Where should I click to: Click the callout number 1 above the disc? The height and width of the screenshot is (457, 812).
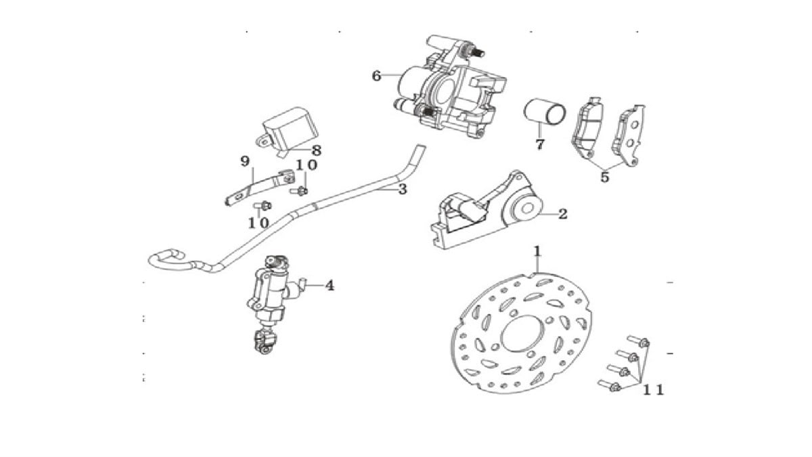(537, 252)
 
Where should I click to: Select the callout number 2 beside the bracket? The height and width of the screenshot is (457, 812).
(562, 214)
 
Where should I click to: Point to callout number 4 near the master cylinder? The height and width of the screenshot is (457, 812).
(330, 286)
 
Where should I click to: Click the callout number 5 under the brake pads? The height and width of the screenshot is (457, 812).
(604, 177)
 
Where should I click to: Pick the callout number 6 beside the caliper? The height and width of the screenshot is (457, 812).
(377, 76)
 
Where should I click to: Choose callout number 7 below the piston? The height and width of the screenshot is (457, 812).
(539, 144)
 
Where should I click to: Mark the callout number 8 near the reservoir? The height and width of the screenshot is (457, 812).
(317, 150)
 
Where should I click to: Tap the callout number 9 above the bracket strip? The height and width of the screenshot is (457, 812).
(245, 161)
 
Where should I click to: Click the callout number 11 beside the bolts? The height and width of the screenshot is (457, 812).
(653, 390)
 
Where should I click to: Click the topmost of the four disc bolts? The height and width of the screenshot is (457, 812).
(639, 341)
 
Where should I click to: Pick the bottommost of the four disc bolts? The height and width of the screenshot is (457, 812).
(609, 386)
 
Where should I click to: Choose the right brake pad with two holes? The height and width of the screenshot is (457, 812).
(629, 135)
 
